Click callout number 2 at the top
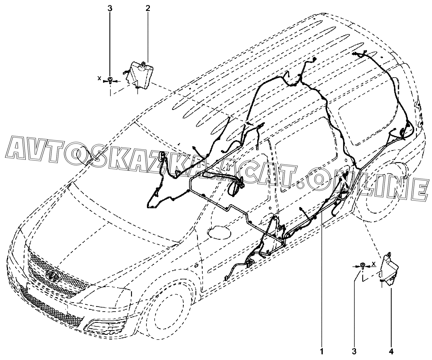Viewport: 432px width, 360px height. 148,8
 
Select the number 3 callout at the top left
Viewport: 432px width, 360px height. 110,8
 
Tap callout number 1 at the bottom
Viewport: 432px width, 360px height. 322,350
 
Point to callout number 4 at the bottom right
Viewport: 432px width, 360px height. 391,350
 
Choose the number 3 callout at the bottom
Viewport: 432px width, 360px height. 354,350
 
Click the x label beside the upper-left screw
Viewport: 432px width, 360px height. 100,78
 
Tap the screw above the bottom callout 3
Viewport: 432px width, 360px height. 363,266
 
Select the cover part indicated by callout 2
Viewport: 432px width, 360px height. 140,74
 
